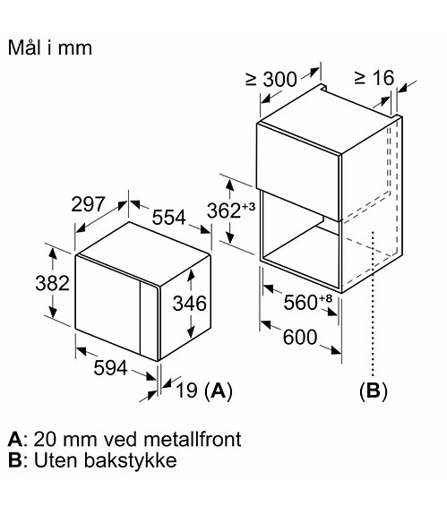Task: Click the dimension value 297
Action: [89, 204]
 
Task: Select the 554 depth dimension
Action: [168, 217]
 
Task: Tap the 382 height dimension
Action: [53, 283]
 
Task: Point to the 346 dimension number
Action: [190, 303]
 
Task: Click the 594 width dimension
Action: [110, 368]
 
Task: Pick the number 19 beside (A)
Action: [187, 391]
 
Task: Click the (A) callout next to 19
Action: [219, 391]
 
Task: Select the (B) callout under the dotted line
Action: [374, 391]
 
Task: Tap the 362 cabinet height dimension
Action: [224, 210]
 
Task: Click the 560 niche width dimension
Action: [300, 302]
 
